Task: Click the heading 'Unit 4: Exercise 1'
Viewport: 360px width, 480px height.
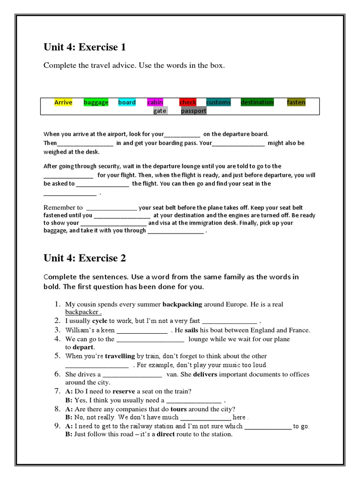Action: pos(84,47)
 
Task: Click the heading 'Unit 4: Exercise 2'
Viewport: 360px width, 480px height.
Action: pos(84,258)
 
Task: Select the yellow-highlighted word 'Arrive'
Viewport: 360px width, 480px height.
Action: pos(63,102)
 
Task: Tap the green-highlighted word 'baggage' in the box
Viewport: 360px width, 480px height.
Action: pos(96,102)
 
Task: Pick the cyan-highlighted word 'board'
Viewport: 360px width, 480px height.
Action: pos(127,102)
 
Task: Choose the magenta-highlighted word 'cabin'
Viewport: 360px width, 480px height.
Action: pos(155,102)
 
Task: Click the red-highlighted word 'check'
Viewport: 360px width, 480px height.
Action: pos(188,102)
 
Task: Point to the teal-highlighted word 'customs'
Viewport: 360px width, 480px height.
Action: pos(218,102)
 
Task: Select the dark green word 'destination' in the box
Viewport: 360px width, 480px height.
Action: pos(257,102)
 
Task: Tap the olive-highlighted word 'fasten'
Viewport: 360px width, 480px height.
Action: pos(296,102)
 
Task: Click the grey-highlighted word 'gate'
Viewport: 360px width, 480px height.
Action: pos(160,111)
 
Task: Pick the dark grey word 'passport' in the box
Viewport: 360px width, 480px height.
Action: pos(194,111)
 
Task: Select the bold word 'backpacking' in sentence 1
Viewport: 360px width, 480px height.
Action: pos(182,304)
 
